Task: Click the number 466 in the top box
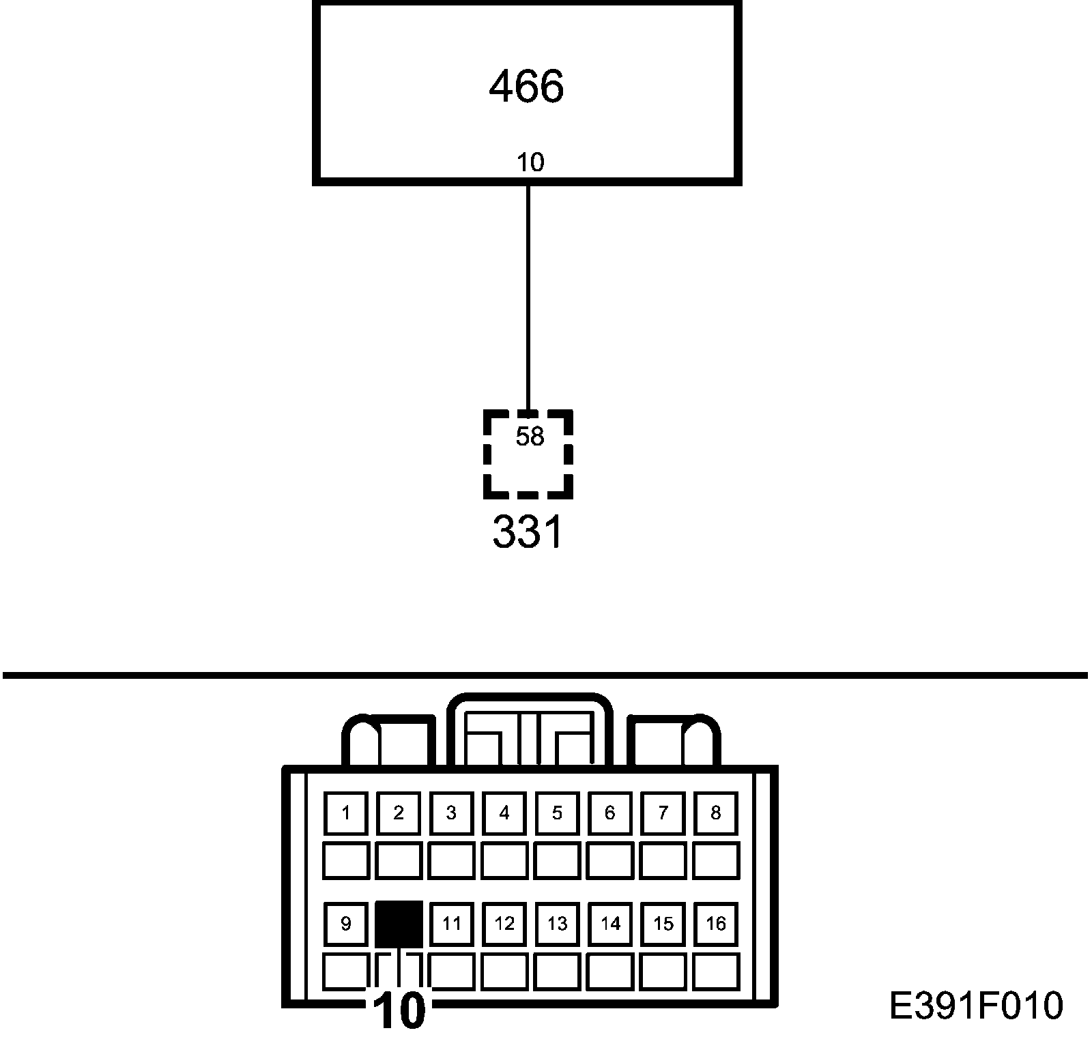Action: coord(526,87)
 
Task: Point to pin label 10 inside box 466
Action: coord(530,162)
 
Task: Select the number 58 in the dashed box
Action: coord(530,437)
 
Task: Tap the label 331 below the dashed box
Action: coord(528,532)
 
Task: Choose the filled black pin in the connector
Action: coord(399,924)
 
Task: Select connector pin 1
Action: coord(346,813)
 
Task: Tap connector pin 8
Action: coord(716,813)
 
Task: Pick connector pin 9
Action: coord(346,924)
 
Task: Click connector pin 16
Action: coord(716,924)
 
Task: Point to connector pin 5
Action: coord(557,813)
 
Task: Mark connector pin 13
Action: coord(557,924)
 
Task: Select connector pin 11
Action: coord(452,924)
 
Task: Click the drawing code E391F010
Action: coord(976,1006)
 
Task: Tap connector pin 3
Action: coord(451,813)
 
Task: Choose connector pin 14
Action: coord(610,924)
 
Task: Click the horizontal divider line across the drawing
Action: coord(546,675)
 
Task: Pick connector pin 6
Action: coord(610,813)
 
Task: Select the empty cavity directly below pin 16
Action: coord(716,971)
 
